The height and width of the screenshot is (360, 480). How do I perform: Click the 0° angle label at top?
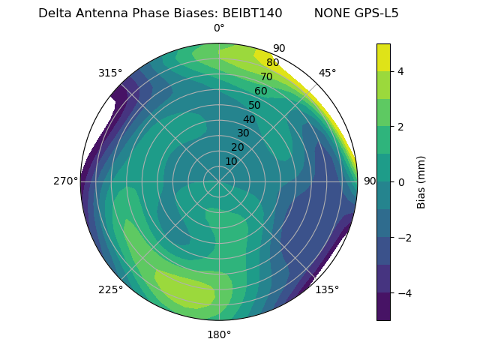click(x=219, y=28)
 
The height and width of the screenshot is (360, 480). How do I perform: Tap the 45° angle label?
click(x=327, y=73)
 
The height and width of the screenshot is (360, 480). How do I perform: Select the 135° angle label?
click(x=327, y=289)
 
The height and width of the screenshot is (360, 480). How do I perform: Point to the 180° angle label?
click(x=219, y=334)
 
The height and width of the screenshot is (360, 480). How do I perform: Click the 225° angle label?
click(x=110, y=289)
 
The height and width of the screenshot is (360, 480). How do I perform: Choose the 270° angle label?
click(x=65, y=181)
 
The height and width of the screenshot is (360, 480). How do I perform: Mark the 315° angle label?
click(x=110, y=73)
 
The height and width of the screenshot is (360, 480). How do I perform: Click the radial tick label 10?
click(x=231, y=161)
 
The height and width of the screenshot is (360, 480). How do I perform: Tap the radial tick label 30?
click(x=243, y=133)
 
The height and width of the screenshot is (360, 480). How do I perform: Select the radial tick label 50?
click(x=254, y=105)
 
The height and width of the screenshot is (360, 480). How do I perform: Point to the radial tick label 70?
click(x=266, y=76)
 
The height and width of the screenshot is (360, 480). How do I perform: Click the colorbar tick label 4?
click(x=400, y=71)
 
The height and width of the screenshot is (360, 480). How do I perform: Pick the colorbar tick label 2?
click(x=400, y=127)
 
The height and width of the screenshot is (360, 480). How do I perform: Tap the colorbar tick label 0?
click(x=400, y=182)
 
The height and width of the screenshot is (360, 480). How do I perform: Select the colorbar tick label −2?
click(x=403, y=238)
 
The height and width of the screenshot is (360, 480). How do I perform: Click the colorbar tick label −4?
click(x=403, y=293)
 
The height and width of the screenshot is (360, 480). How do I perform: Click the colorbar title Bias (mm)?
click(x=421, y=182)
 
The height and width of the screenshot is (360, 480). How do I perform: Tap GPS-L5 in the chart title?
click(x=376, y=13)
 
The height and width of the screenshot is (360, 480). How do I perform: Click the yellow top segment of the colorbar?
click(x=383, y=57)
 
